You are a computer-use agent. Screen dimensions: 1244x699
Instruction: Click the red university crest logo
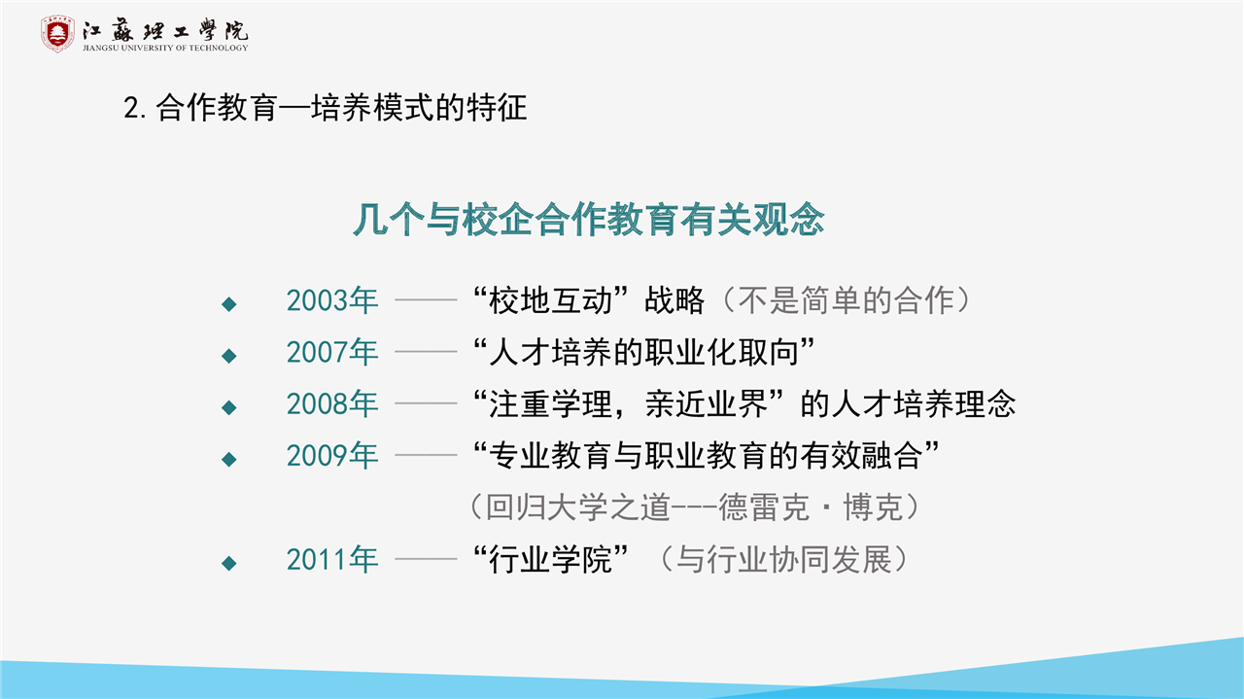[x=57, y=33]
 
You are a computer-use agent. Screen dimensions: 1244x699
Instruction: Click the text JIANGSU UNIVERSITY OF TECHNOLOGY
[x=165, y=48]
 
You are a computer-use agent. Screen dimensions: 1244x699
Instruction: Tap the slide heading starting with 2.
[x=325, y=107]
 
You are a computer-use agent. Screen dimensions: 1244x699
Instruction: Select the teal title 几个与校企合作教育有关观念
[x=589, y=220]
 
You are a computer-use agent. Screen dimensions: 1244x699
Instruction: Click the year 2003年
[x=332, y=300]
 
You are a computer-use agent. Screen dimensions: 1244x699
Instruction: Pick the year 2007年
[x=332, y=352]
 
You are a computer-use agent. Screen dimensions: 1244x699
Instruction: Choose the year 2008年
[x=332, y=404]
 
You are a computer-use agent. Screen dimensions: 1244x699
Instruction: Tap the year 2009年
[x=332, y=456]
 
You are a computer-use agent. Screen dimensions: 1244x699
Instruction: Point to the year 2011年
[x=332, y=560]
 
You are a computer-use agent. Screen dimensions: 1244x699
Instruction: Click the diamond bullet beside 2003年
[x=228, y=304]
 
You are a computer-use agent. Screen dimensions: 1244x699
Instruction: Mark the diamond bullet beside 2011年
[x=228, y=564]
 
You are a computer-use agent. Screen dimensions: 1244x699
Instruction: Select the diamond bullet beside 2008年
[x=228, y=408]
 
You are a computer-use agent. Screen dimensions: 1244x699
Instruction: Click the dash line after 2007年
[x=426, y=352]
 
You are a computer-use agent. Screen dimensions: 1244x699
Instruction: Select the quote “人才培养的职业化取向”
[x=643, y=352]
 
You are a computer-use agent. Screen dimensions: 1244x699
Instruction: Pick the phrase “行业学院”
[x=550, y=560]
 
